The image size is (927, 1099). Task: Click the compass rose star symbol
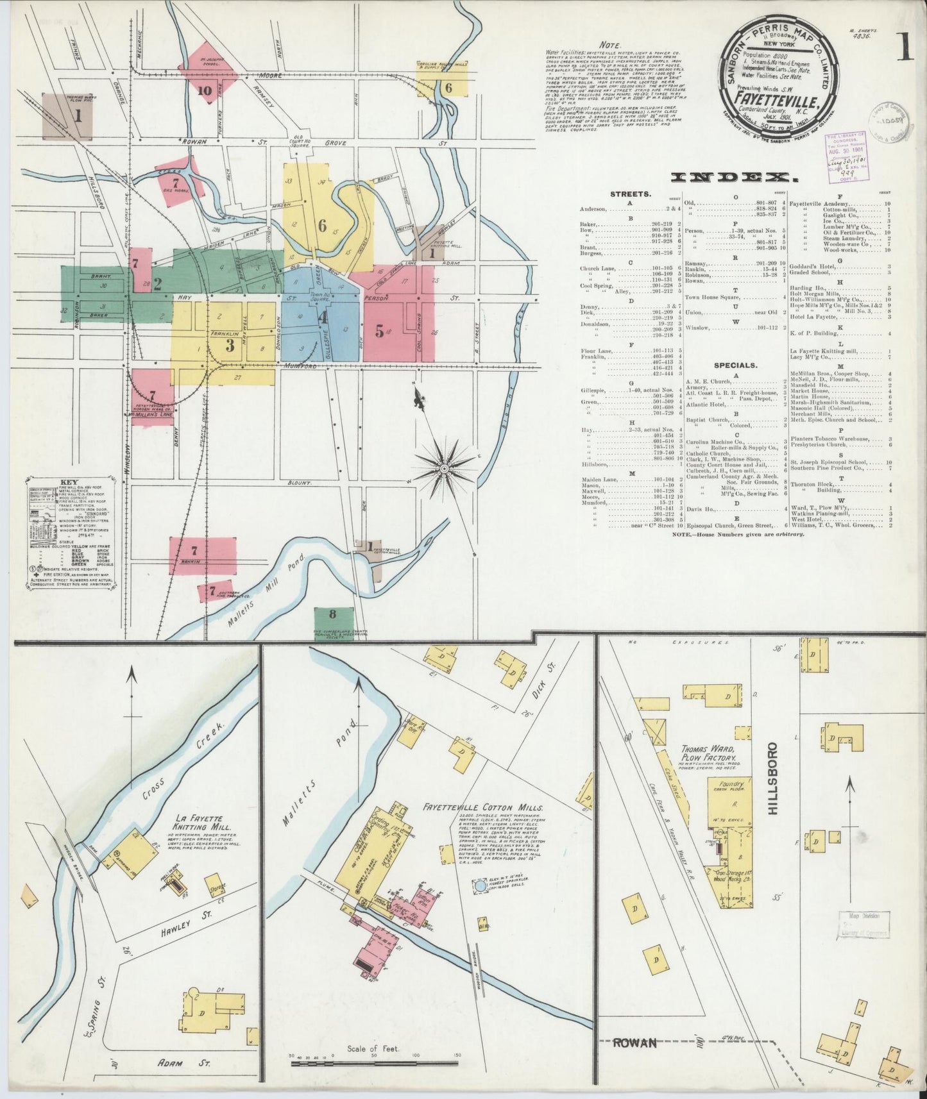pos(443,469)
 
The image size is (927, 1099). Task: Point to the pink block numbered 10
pos(205,90)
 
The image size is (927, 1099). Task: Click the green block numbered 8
pos(332,614)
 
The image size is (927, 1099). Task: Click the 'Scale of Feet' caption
pos(373,1050)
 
